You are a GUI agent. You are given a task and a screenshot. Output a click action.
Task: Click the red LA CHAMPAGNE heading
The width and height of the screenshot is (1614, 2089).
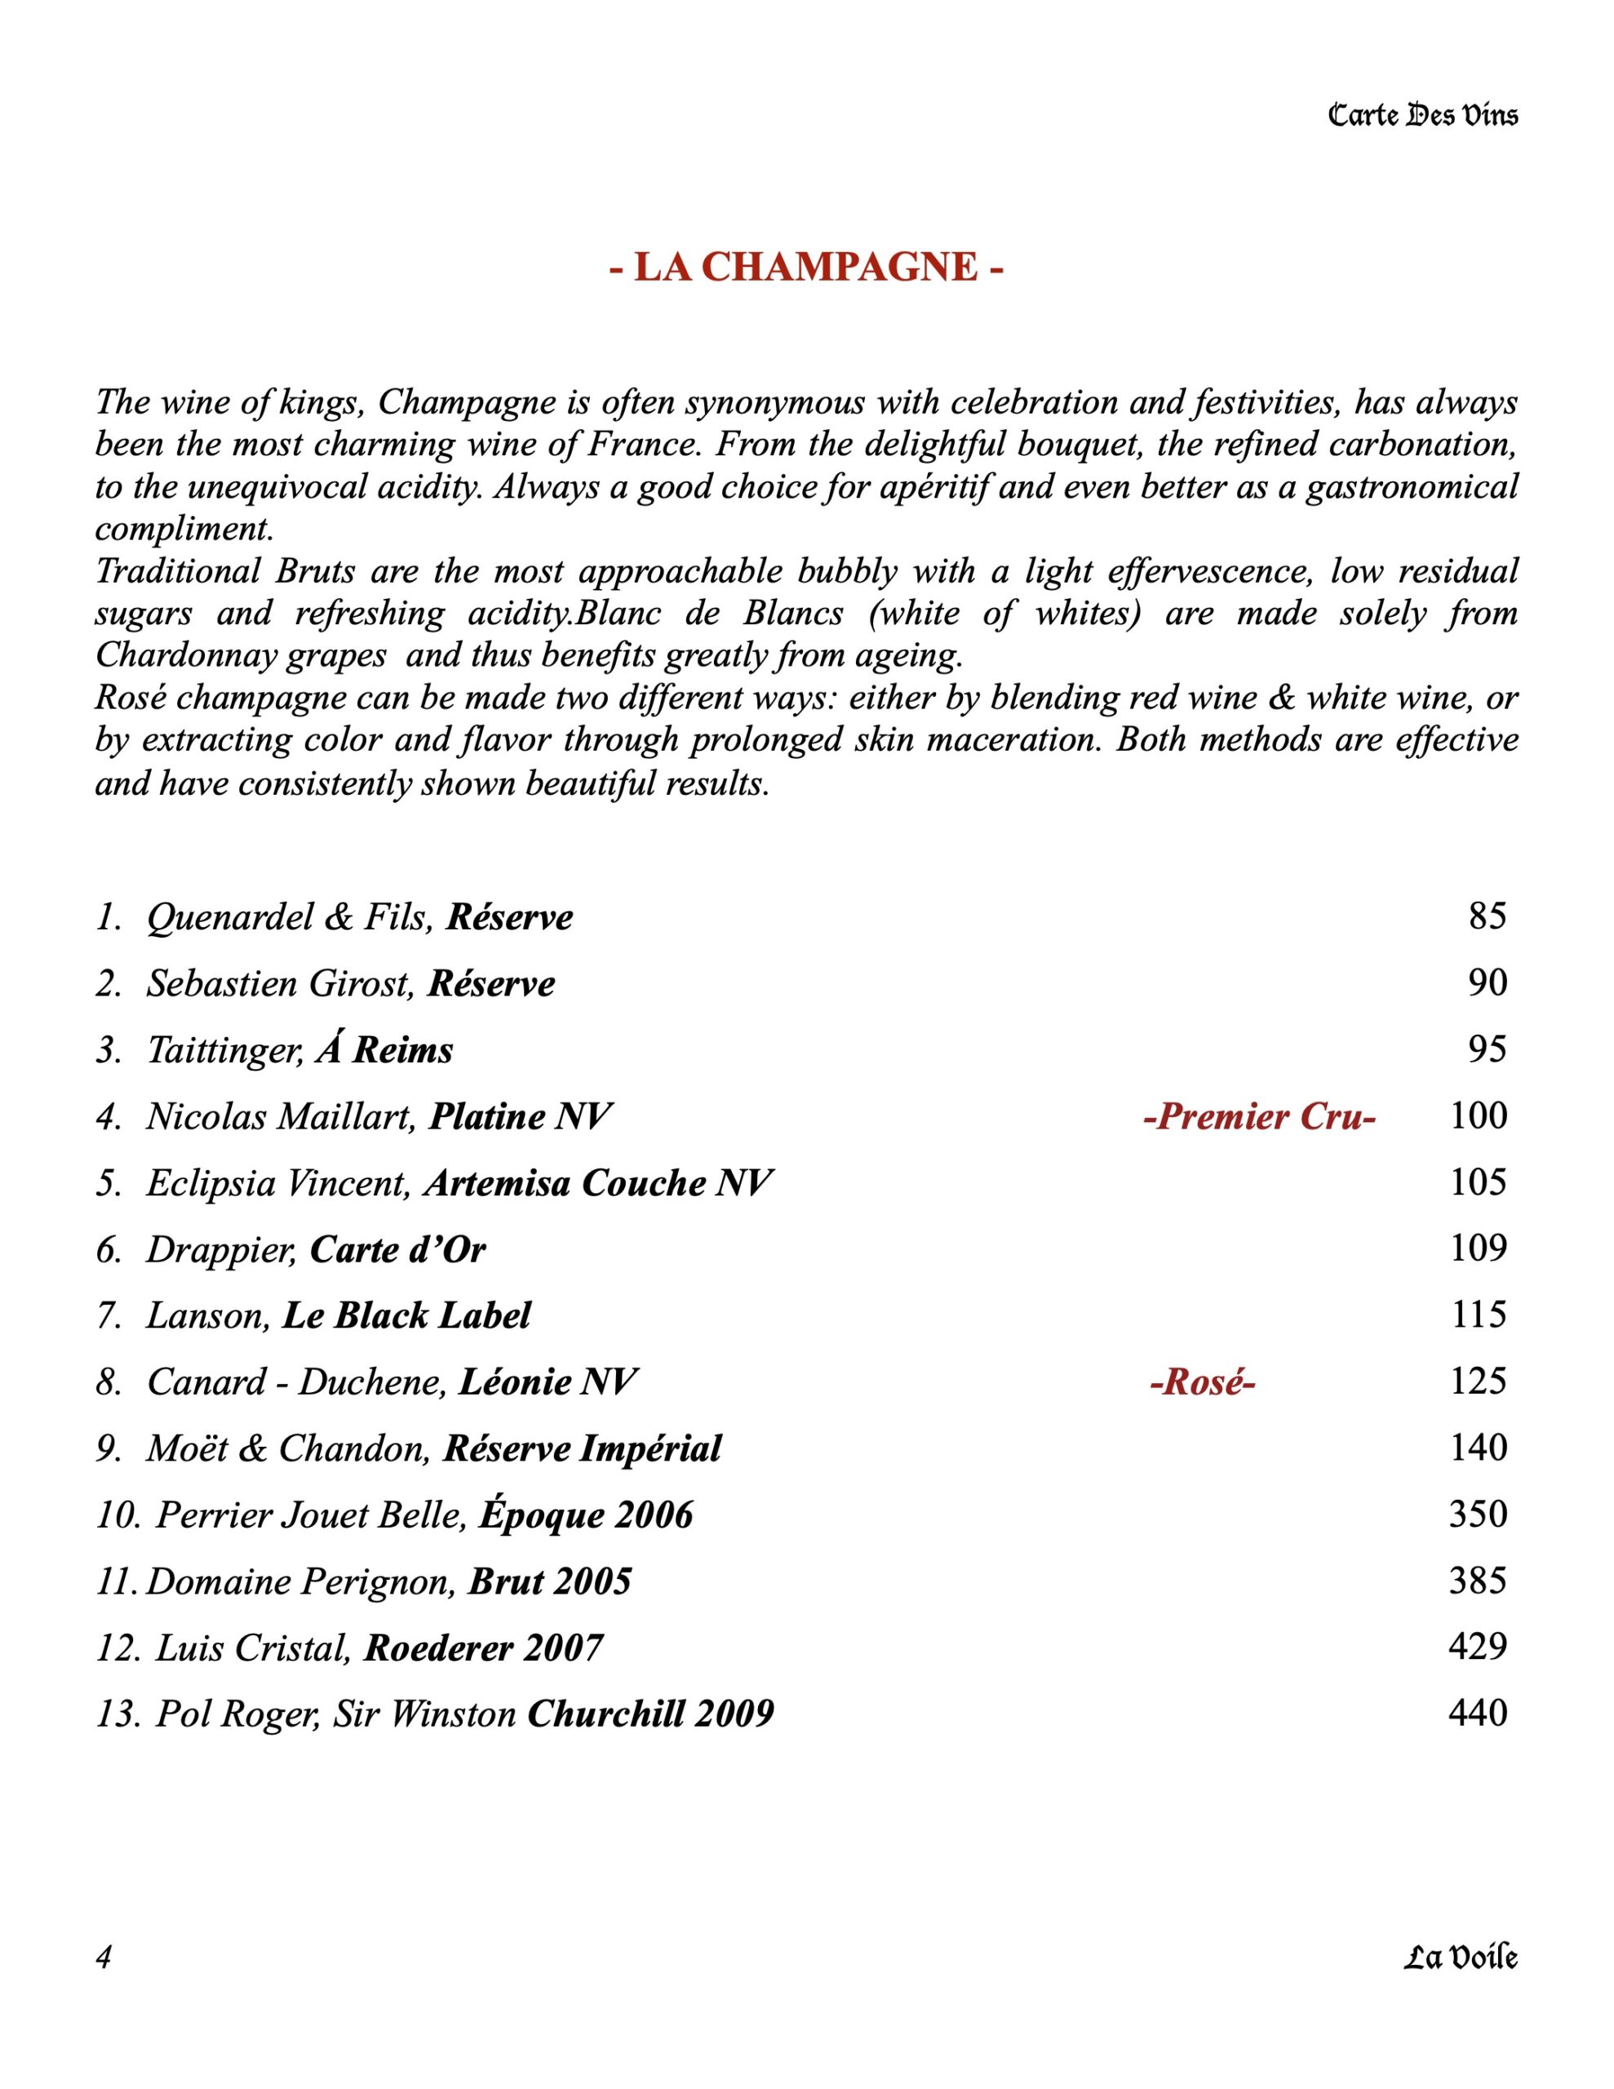(x=806, y=268)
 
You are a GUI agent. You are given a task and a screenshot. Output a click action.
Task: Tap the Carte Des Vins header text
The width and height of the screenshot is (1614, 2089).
(x=1423, y=117)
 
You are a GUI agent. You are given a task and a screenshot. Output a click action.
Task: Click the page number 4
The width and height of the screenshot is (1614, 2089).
(x=104, y=1958)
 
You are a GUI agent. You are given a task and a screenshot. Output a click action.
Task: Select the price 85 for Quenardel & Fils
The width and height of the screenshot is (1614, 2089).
(x=1487, y=916)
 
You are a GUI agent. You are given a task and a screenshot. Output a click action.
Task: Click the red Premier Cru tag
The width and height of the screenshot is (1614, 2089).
(x=1259, y=1116)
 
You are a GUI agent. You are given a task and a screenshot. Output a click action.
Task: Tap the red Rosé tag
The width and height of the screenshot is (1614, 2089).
(x=1202, y=1382)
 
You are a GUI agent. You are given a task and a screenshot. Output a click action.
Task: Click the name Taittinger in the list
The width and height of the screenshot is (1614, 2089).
(x=224, y=1050)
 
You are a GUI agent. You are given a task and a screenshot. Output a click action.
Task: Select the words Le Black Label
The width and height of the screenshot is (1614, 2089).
(x=406, y=1316)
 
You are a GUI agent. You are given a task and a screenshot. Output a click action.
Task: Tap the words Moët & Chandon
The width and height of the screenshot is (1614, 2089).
(x=285, y=1448)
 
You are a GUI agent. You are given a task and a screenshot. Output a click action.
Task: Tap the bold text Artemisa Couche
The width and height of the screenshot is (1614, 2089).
(x=565, y=1183)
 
